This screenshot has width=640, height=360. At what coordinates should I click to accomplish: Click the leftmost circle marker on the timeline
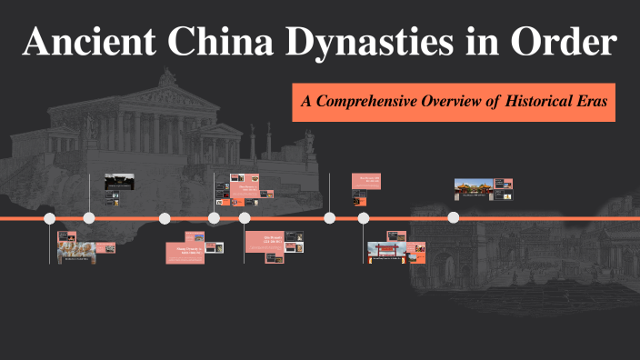pyautogui.click(x=50, y=218)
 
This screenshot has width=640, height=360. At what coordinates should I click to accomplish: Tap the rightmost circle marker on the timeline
pyautogui.click(x=454, y=218)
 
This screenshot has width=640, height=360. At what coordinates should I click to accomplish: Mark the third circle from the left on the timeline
pyautogui.click(x=165, y=218)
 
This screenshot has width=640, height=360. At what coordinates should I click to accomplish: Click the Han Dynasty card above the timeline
pyautogui.click(x=366, y=180)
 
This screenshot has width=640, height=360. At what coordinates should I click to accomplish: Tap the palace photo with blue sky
pyautogui.click(x=474, y=189)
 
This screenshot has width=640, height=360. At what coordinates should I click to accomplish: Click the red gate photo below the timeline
pyautogui.click(x=385, y=253)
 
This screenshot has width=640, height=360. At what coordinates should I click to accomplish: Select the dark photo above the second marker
pyautogui.click(x=119, y=180)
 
